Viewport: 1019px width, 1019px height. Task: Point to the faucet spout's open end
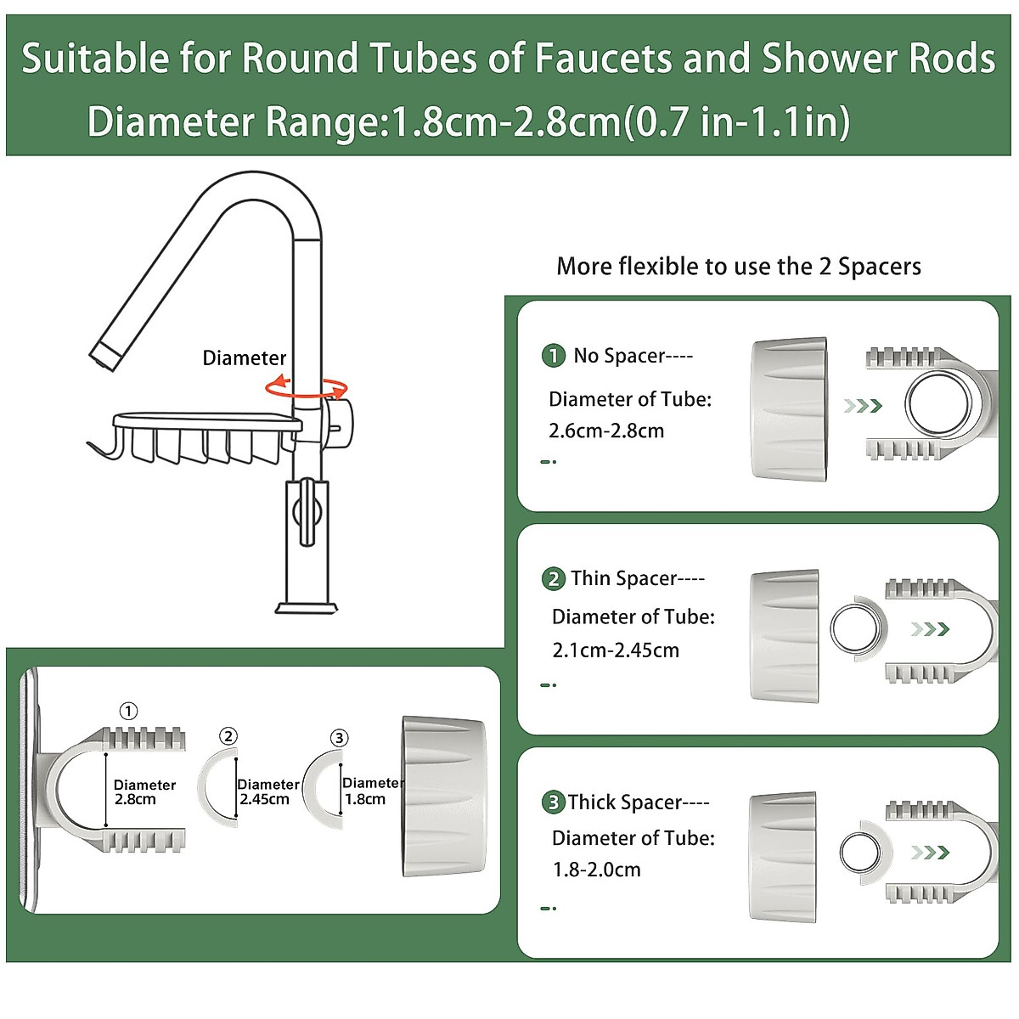point(104,357)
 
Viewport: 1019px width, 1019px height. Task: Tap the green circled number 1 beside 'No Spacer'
point(553,356)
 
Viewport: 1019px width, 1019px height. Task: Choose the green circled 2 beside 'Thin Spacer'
point(553,579)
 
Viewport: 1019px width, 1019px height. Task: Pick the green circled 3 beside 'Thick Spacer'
point(553,802)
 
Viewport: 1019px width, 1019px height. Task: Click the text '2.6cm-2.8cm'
point(606,431)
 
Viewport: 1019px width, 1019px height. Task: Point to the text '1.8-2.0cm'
point(596,870)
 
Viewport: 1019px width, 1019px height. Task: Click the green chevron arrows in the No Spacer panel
point(863,406)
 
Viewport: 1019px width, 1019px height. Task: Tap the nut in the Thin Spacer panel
point(785,636)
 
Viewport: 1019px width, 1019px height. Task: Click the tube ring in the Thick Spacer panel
point(862,852)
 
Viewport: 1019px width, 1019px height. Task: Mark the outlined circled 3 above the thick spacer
point(339,738)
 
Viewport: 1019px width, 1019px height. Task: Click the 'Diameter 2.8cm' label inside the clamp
point(144,792)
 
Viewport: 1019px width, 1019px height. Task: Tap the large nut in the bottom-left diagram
point(443,797)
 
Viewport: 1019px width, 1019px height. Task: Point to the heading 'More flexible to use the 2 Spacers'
point(738,267)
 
